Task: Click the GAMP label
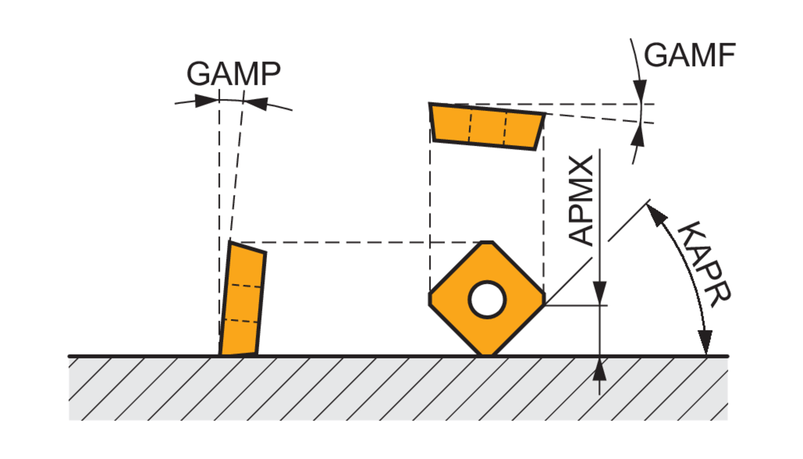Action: coord(233,74)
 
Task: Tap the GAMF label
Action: coord(690,55)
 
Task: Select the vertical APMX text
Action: coord(581,200)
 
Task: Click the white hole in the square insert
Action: coord(487,299)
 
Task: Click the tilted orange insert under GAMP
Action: coord(243,300)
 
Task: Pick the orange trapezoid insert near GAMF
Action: coord(487,126)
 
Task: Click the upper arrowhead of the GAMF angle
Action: coord(639,89)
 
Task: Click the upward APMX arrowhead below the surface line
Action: coord(600,370)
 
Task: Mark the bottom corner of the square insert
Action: coord(487,353)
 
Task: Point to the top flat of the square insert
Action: coord(487,243)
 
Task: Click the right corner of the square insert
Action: coord(543,299)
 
